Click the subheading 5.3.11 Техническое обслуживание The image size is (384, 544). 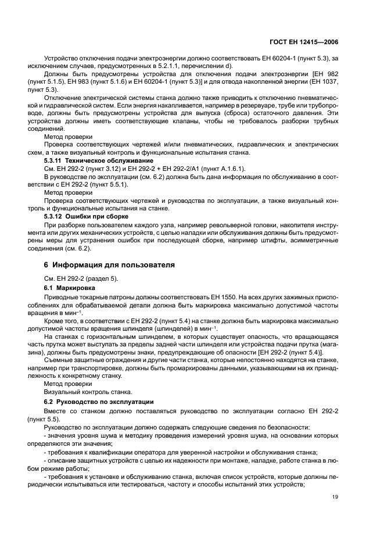pyautogui.click(x=99, y=160)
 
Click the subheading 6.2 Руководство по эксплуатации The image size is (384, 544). pyautogui.click(x=99, y=402)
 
